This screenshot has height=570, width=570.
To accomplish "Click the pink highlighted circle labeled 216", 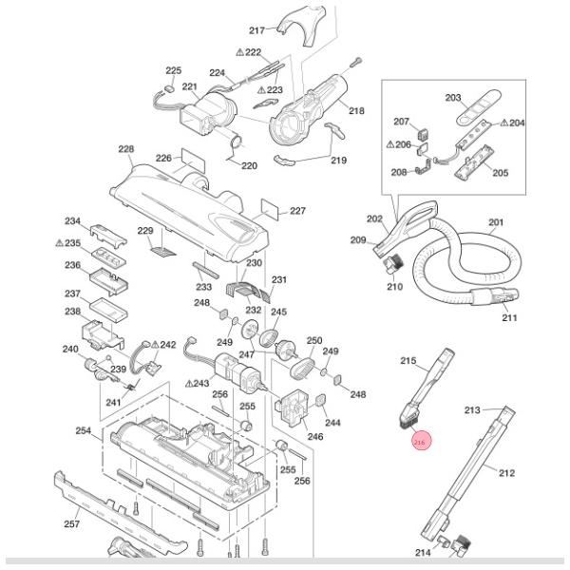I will tap(421, 442).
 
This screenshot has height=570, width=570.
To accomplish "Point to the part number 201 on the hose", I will tap(495, 223).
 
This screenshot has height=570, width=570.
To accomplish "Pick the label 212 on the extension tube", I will tap(506, 472).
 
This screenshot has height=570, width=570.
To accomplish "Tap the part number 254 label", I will tap(83, 430).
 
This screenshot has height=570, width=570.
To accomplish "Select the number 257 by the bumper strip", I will tap(71, 523).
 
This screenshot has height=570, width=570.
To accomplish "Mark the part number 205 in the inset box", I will tap(500, 173).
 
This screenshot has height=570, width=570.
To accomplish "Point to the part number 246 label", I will tap(314, 437).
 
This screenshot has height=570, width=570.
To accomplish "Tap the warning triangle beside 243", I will tap(188, 383).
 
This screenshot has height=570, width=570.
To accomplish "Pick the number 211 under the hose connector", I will tap(509, 317).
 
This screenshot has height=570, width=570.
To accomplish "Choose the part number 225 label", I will tap(173, 71).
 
